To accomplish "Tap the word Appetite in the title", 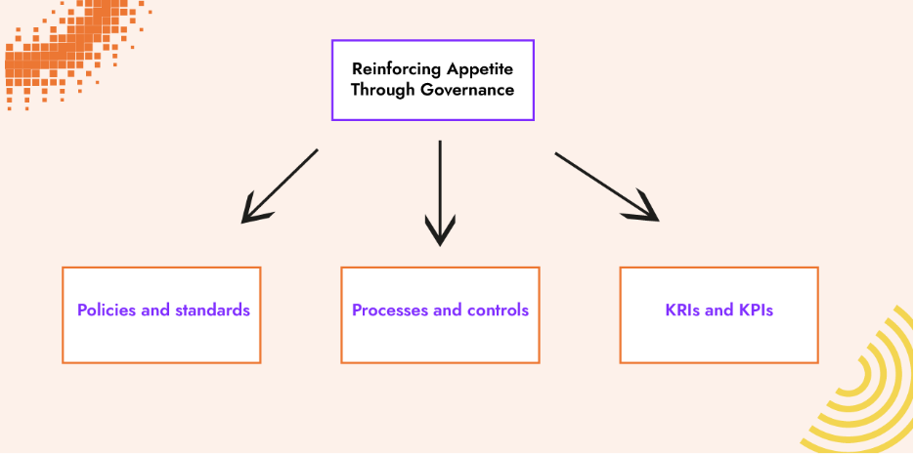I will (x=478, y=69).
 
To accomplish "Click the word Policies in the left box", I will (x=108, y=310).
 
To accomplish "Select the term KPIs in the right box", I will (x=755, y=310).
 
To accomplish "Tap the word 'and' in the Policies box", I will (x=155, y=310).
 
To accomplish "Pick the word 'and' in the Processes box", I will (x=448, y=310).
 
